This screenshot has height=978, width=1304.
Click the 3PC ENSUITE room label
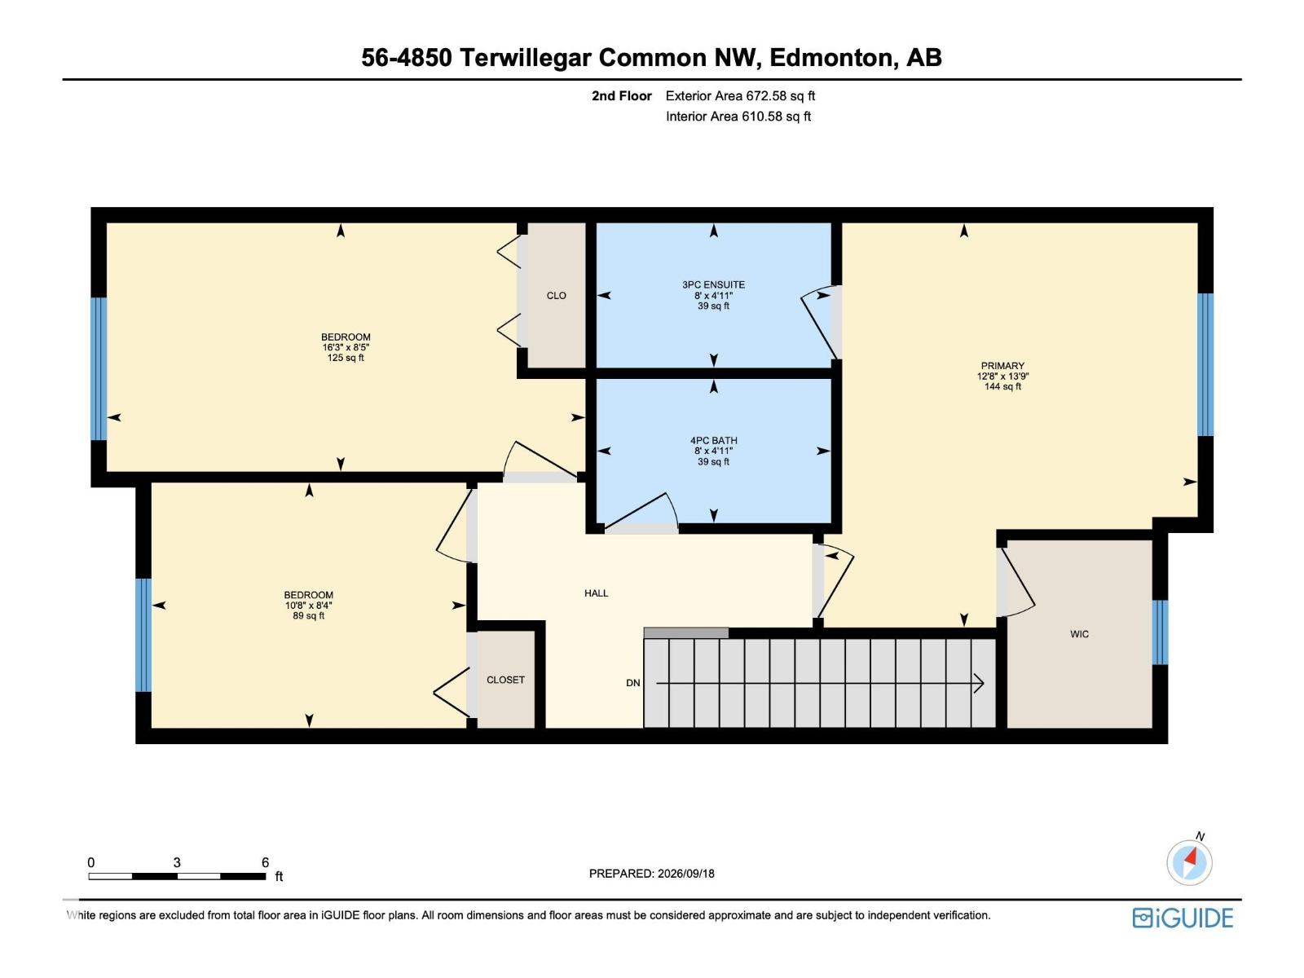[713, 285]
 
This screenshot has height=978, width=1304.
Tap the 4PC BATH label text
[713, 441]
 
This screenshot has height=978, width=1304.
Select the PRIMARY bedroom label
[1002, 366]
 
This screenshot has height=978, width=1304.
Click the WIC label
[1079, 634]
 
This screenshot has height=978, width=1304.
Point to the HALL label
[596, 593]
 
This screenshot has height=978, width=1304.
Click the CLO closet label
[556, 296]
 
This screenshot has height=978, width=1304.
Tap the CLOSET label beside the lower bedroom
[505, 680]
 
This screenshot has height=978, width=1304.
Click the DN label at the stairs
[632, 683]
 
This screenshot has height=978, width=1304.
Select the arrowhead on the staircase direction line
[979, 684]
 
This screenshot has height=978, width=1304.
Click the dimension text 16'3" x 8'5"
[346, 347]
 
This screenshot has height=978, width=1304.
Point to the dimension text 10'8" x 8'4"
[308, 606]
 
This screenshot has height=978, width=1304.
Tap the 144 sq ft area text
[1002, 386]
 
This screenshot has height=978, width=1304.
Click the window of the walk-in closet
[1160, 632]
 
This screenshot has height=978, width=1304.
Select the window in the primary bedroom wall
[1205, 364]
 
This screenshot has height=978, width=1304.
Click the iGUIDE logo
[1183, 918]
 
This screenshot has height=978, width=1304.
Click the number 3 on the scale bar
[176, 862]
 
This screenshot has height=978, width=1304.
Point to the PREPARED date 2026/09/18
[685, 874]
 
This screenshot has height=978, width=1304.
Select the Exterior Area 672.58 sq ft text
[740, 95]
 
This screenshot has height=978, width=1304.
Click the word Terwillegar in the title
[526, 58]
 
